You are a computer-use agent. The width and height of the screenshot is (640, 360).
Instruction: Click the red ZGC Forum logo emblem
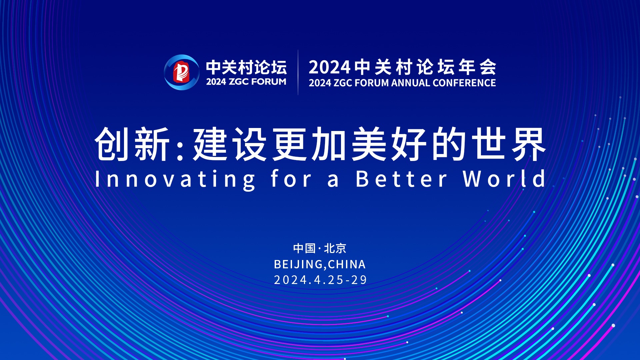click(x=182, y=72)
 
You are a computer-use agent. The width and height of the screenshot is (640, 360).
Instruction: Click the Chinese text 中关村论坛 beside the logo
click(x=246, y=67)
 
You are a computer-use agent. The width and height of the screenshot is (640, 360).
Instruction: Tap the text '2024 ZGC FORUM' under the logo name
click(x=246, y=82)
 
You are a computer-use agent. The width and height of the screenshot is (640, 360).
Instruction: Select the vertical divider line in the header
click(x=298, y=72)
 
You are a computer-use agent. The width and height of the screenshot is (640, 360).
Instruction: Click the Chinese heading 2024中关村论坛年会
click(x=402, y=67)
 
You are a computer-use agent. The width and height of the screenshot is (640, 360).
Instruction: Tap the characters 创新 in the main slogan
click(x=132, y=144)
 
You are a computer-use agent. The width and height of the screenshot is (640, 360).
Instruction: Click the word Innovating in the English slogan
click(x=175, y=180)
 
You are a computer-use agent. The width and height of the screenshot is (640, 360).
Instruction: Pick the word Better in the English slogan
click(x=401, y=179)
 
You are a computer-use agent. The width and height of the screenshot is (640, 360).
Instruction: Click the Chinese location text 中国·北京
click(x=320, y=248)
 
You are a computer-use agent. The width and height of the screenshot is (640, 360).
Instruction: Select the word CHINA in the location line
click(x=347, y=264)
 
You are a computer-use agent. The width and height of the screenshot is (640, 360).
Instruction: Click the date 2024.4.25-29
click(x=320, y=280)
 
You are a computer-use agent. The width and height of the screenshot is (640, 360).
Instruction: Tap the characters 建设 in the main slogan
click(x=230, y=144)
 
